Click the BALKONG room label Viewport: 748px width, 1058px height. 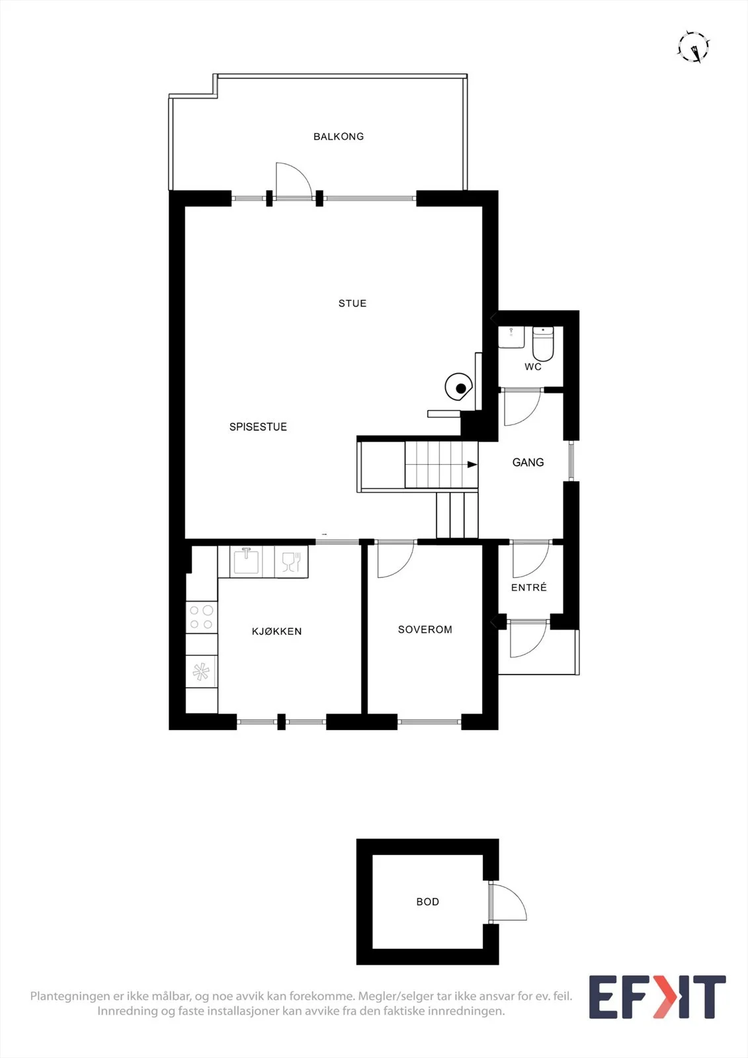click(339, 136)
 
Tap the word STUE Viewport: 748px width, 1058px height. click(353, 304)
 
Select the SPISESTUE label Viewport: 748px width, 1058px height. click(258, 427)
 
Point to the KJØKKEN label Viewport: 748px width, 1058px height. click(276, 631)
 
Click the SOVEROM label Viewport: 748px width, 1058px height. click(425, 629)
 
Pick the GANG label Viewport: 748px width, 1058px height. click(528, 462)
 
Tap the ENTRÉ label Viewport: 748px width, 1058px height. click(528, 587)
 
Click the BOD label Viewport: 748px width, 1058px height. click(428, 902)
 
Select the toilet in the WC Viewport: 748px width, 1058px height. click(543, 343)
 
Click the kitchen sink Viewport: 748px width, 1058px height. click(246, 561)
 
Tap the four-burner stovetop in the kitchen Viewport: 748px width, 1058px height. click(202, 618)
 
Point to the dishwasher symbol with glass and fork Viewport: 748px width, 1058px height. click(291, 561)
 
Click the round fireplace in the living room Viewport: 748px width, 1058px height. click(459, 387)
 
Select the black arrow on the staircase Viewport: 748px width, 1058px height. click(472, 464)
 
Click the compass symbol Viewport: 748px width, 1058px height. click(694, 47)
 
